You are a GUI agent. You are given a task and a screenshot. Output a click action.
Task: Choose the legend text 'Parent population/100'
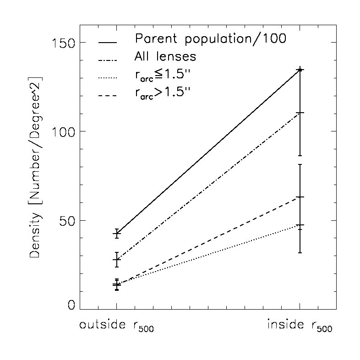coord(210,39)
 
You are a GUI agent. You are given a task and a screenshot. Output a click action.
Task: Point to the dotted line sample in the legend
coord(108,78)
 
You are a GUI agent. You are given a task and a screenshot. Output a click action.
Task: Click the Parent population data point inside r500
coord(300,70)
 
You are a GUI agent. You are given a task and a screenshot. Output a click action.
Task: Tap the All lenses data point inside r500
coord(300,113)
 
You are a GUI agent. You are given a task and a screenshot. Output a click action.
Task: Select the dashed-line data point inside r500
coord(300,197)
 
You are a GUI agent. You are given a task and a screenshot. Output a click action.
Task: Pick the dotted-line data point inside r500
coord(300,225)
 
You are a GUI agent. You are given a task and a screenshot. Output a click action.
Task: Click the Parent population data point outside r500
coord(117,234)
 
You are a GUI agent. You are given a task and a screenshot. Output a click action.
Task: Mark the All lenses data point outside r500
coord(117,260)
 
